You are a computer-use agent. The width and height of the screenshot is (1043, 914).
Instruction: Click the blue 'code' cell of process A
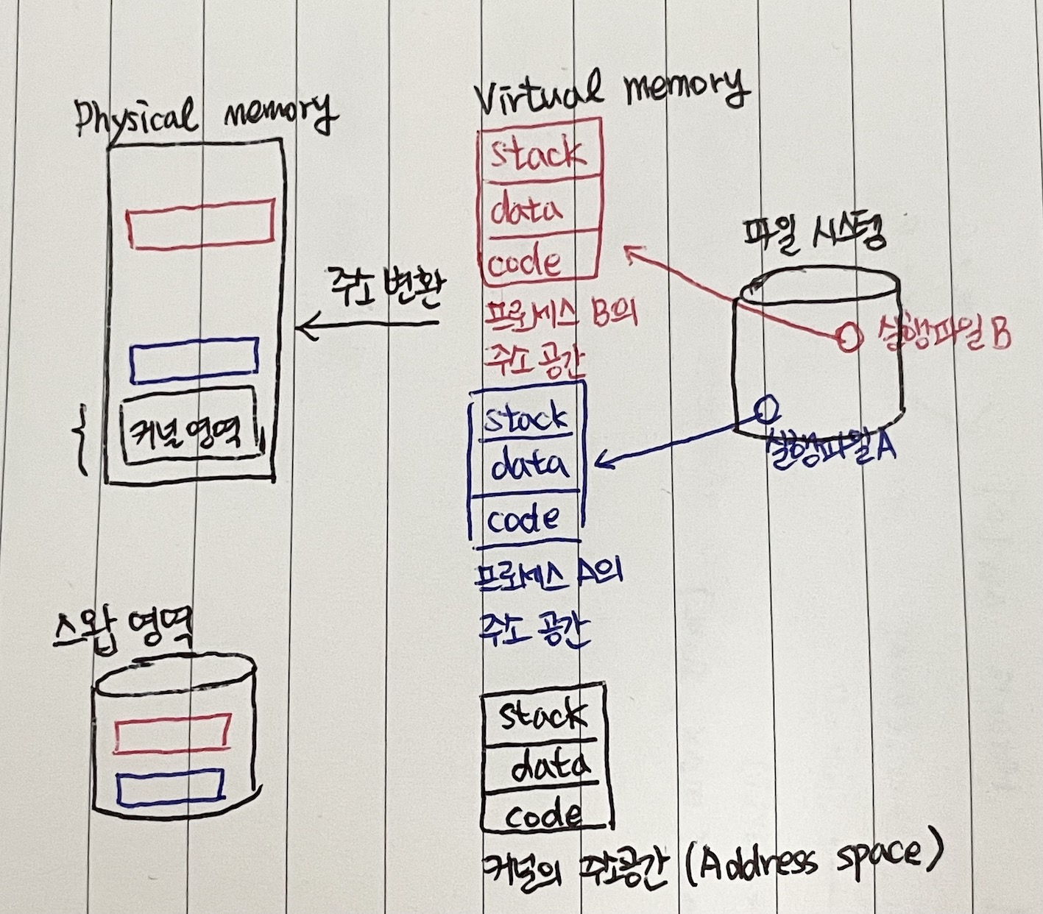[527, 518]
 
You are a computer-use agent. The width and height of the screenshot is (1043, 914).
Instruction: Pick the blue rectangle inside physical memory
[194, 361]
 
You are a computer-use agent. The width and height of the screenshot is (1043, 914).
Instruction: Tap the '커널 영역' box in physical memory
[190, 427]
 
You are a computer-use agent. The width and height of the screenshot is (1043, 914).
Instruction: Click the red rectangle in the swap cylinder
[173, 734]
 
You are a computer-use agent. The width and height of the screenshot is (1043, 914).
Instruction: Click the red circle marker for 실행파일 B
[849, 336]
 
